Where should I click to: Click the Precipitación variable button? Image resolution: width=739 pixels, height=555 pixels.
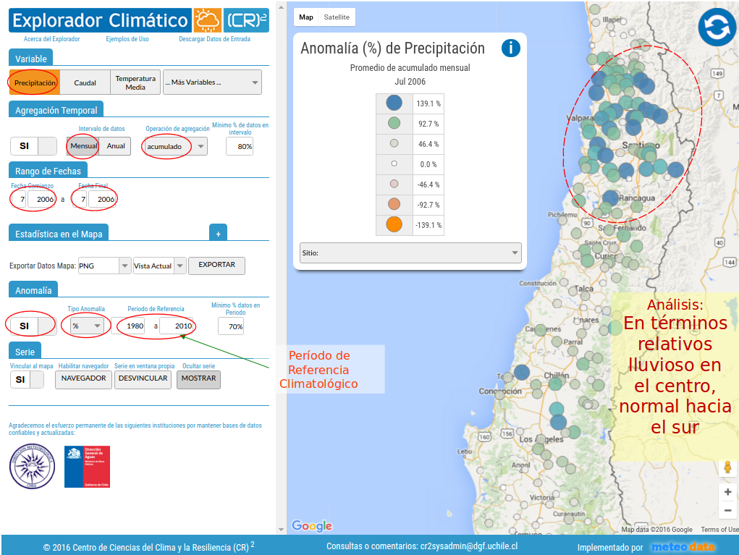click(34, 82)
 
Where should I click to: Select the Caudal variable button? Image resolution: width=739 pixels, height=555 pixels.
click(85, 82)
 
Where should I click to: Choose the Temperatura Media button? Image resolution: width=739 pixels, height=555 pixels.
click(135, 82)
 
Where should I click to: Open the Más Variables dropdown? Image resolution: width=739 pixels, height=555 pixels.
click(212, 82)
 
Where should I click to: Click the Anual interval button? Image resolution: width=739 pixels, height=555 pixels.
click(116, 146)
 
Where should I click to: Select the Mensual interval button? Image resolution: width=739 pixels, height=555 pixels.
click(83, 146)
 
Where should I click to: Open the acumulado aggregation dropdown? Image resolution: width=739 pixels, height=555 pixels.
click(174, 146)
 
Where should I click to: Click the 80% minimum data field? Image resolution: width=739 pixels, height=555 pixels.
click(240, 146)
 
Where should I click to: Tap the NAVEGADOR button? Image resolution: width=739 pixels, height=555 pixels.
click(83, 378)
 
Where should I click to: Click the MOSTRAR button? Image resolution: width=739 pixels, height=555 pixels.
click(198, 378)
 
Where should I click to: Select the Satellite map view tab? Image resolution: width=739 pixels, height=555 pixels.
click(337, 17)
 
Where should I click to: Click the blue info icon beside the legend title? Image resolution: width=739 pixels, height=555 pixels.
click(510, 48)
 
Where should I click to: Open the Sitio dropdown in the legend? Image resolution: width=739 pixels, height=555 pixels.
click(410, 253)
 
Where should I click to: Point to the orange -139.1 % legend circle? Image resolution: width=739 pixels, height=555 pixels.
click(394, 224)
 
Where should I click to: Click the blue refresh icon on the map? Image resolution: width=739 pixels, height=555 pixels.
click(717, 27)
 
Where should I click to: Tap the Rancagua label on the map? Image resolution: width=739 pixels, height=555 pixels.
click(637, 198)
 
